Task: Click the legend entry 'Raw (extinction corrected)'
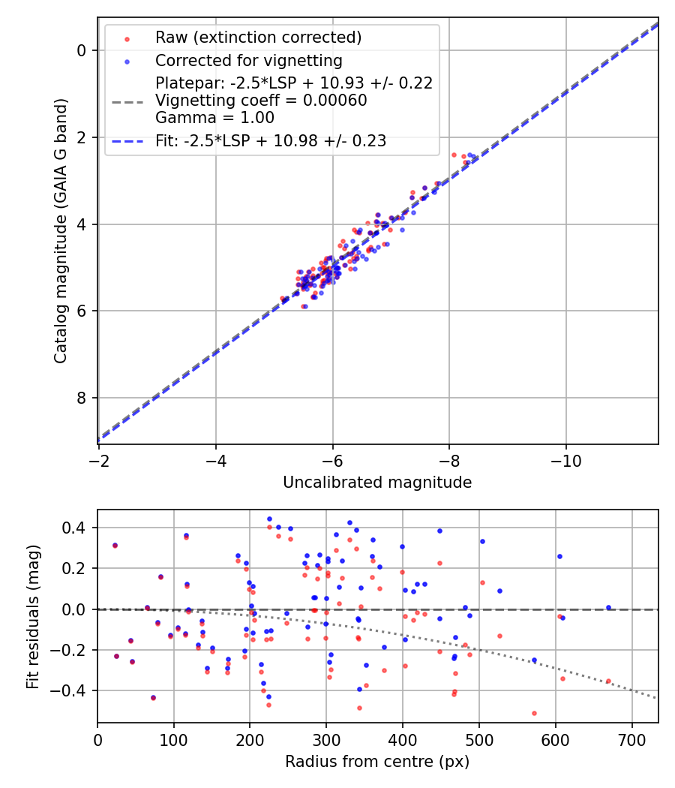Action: coord(258,38)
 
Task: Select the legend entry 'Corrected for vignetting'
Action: coord(248,61)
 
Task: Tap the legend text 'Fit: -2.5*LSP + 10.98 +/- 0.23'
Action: coord(271,141)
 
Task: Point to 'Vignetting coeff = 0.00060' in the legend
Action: coord(261,101)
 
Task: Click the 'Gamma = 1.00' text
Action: coord(214,118)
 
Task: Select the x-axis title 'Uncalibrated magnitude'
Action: coord(377,483)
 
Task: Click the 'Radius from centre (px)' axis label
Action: coord(377,762)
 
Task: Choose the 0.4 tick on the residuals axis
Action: coord(76,528)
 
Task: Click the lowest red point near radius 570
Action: coord(534,713)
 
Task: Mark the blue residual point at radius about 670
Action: coord(608,607)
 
